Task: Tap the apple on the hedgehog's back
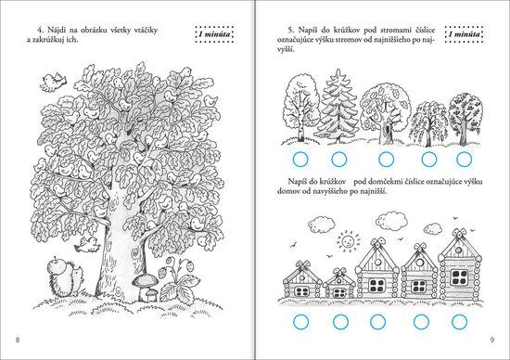coord(56,265)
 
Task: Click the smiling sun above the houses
coord(348,240)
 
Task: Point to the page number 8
coord(18,340)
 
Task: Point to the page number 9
coord(492,340)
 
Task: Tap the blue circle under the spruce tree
coord(338,160)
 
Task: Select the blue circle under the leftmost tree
coord(300,160)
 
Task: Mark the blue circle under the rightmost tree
coord(464,160)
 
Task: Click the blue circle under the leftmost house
coord(300,322)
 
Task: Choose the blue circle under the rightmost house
coord(459,322)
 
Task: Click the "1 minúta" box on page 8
coord(214,34)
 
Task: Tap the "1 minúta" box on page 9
coord(465,34)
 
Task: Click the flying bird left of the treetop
coord(53,82)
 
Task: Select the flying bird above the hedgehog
coord(86,245)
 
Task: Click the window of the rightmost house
coord(459,276)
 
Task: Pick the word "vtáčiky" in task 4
coord(146,31)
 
